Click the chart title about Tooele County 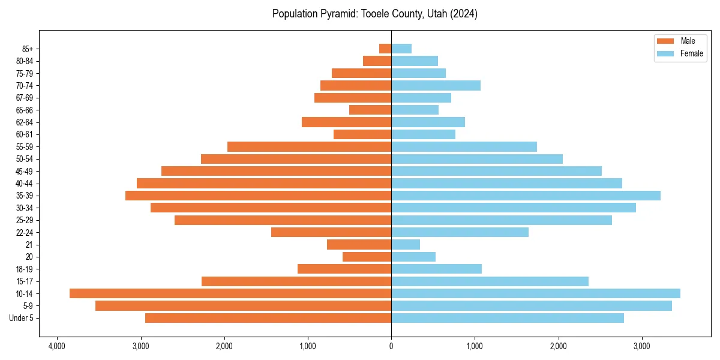tap(374, 14)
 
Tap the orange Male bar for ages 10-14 tap(230, 293)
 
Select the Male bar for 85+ tap(385, 49)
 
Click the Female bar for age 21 tap(406, 244)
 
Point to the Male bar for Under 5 tap(268, 318)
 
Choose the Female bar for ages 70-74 tap(436, 85)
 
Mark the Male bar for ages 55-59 tap(309, 146)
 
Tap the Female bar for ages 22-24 tap(460, 232)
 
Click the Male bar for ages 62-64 tap(346, 122)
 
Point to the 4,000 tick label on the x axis tap(57, 346)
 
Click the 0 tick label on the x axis tap(391, 346)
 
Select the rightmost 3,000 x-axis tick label tap(641, 346)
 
